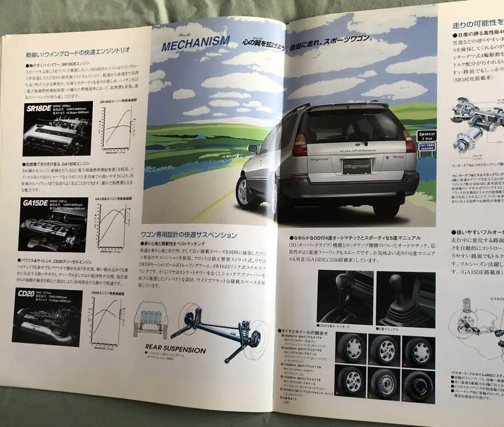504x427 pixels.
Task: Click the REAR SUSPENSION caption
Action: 175,349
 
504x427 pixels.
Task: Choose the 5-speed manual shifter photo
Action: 406,298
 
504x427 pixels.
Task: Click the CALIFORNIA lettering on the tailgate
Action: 357,151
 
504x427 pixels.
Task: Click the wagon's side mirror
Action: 252,149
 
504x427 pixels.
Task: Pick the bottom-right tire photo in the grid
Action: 418,385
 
